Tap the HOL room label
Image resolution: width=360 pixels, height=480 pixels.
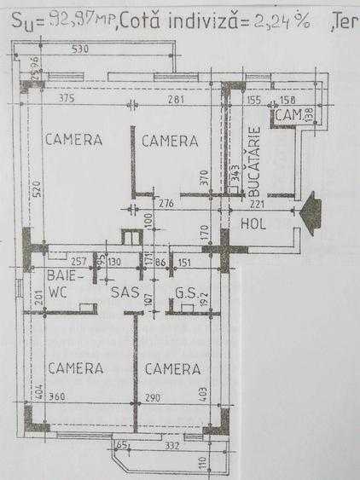pos(254,225)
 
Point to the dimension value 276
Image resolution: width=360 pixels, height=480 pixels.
pos(167,203)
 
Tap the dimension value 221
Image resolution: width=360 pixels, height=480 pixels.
pos(258,203)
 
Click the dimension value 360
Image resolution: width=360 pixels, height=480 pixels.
pos(56,398)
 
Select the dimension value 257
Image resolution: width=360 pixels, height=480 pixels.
pos(79,262)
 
